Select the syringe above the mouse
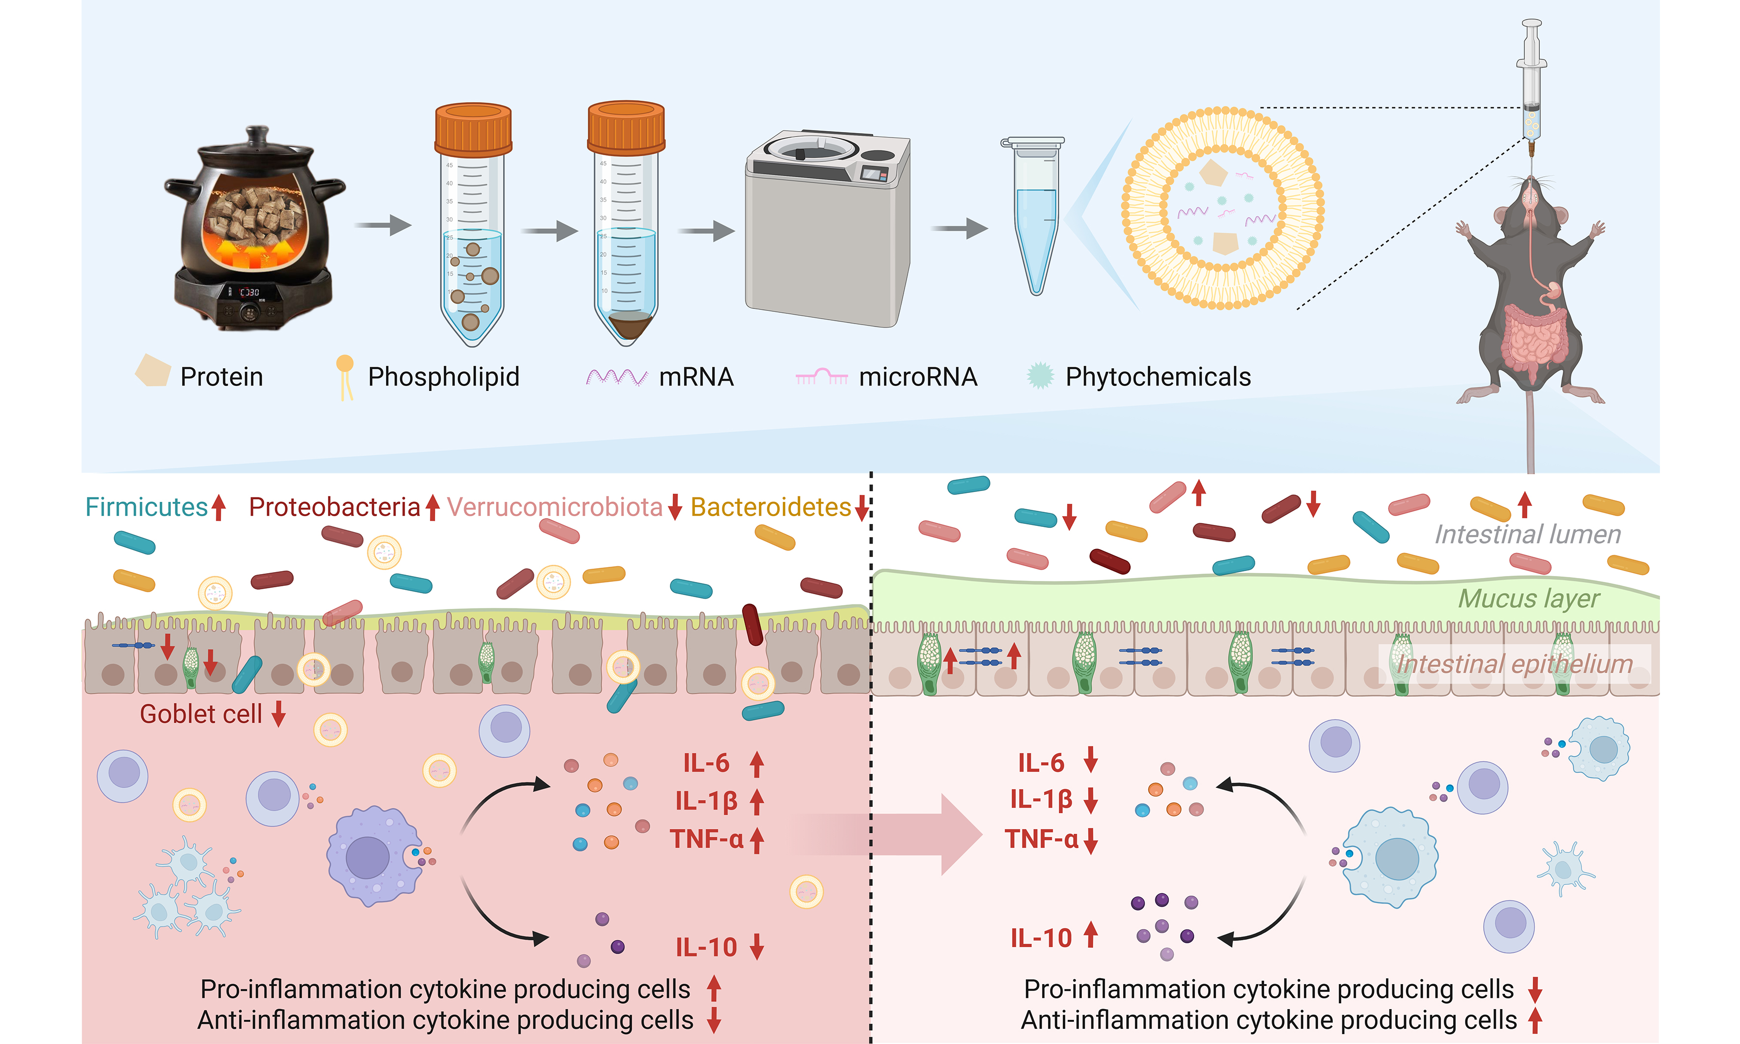tap(1531, 84)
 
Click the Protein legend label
tap(221, 377)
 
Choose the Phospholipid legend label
tap(443, 377)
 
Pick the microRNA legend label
tap(917, 377)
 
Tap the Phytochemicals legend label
tap(1158, 377)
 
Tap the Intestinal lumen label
tap(1527, 535)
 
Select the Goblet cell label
tap(200, 714)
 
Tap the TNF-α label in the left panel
tap(706, 839)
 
